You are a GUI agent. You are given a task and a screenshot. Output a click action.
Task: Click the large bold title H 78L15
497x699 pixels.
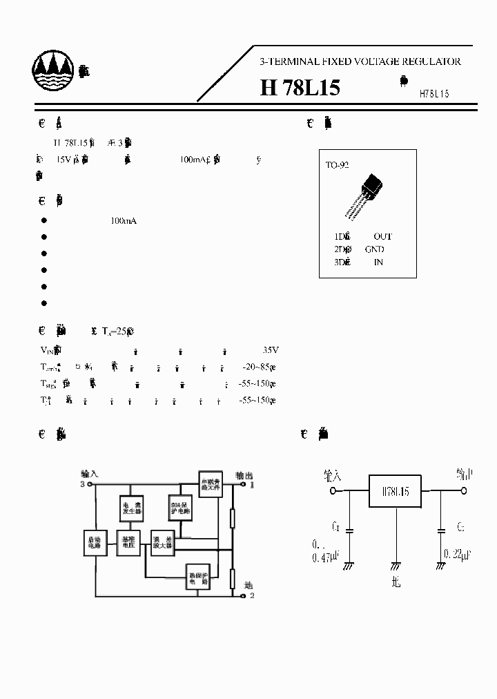(x=300, y=88)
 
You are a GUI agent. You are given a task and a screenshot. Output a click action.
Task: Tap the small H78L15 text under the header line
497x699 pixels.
(x=433, y=94)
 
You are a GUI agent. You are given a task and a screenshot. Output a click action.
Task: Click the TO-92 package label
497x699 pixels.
(x=338, y=166)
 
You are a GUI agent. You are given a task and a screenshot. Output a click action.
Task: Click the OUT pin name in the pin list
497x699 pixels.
(x=382, y=236)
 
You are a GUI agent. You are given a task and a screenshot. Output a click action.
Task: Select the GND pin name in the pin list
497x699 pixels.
(x=375, y=249)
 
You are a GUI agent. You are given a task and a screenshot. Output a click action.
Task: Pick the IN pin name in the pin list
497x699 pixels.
(x=378, y=262)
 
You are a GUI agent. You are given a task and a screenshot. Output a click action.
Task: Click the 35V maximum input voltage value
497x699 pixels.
(x=271, y=349)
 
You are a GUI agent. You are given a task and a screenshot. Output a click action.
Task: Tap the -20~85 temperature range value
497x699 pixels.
(x=259, y=367)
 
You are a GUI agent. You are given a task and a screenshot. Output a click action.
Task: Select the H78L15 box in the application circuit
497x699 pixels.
(x=396, y=492)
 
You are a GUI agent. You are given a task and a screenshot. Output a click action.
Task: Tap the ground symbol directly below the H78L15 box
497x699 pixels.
(x=396, y=565)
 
